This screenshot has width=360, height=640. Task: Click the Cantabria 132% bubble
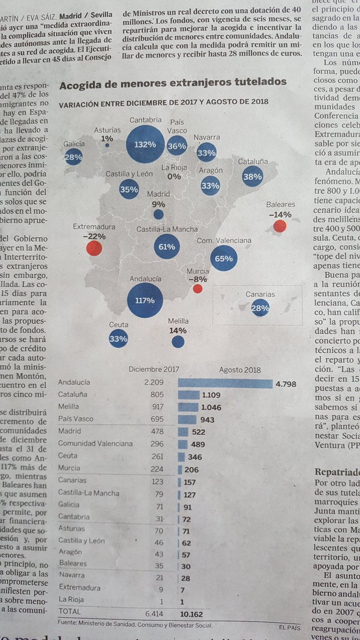(x=146, y=144)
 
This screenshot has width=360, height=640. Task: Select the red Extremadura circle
(x=94, y=248)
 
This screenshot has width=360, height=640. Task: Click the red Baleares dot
(x=279, y=226)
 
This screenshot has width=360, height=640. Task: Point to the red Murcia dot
(x=197, y=289)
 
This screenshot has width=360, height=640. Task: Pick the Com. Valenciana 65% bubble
(x=224, y=259)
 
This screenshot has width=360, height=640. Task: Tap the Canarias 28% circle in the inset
(x=260, y=309)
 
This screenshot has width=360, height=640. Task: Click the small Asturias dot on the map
(x=107, y=145)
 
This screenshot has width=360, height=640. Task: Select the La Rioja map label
(x=174, y=167)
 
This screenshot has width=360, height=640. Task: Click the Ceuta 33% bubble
(x=118, y=338)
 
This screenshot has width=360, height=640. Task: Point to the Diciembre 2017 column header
(x=154, y=369)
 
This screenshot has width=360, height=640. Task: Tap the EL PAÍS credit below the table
(x=290, y=627)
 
